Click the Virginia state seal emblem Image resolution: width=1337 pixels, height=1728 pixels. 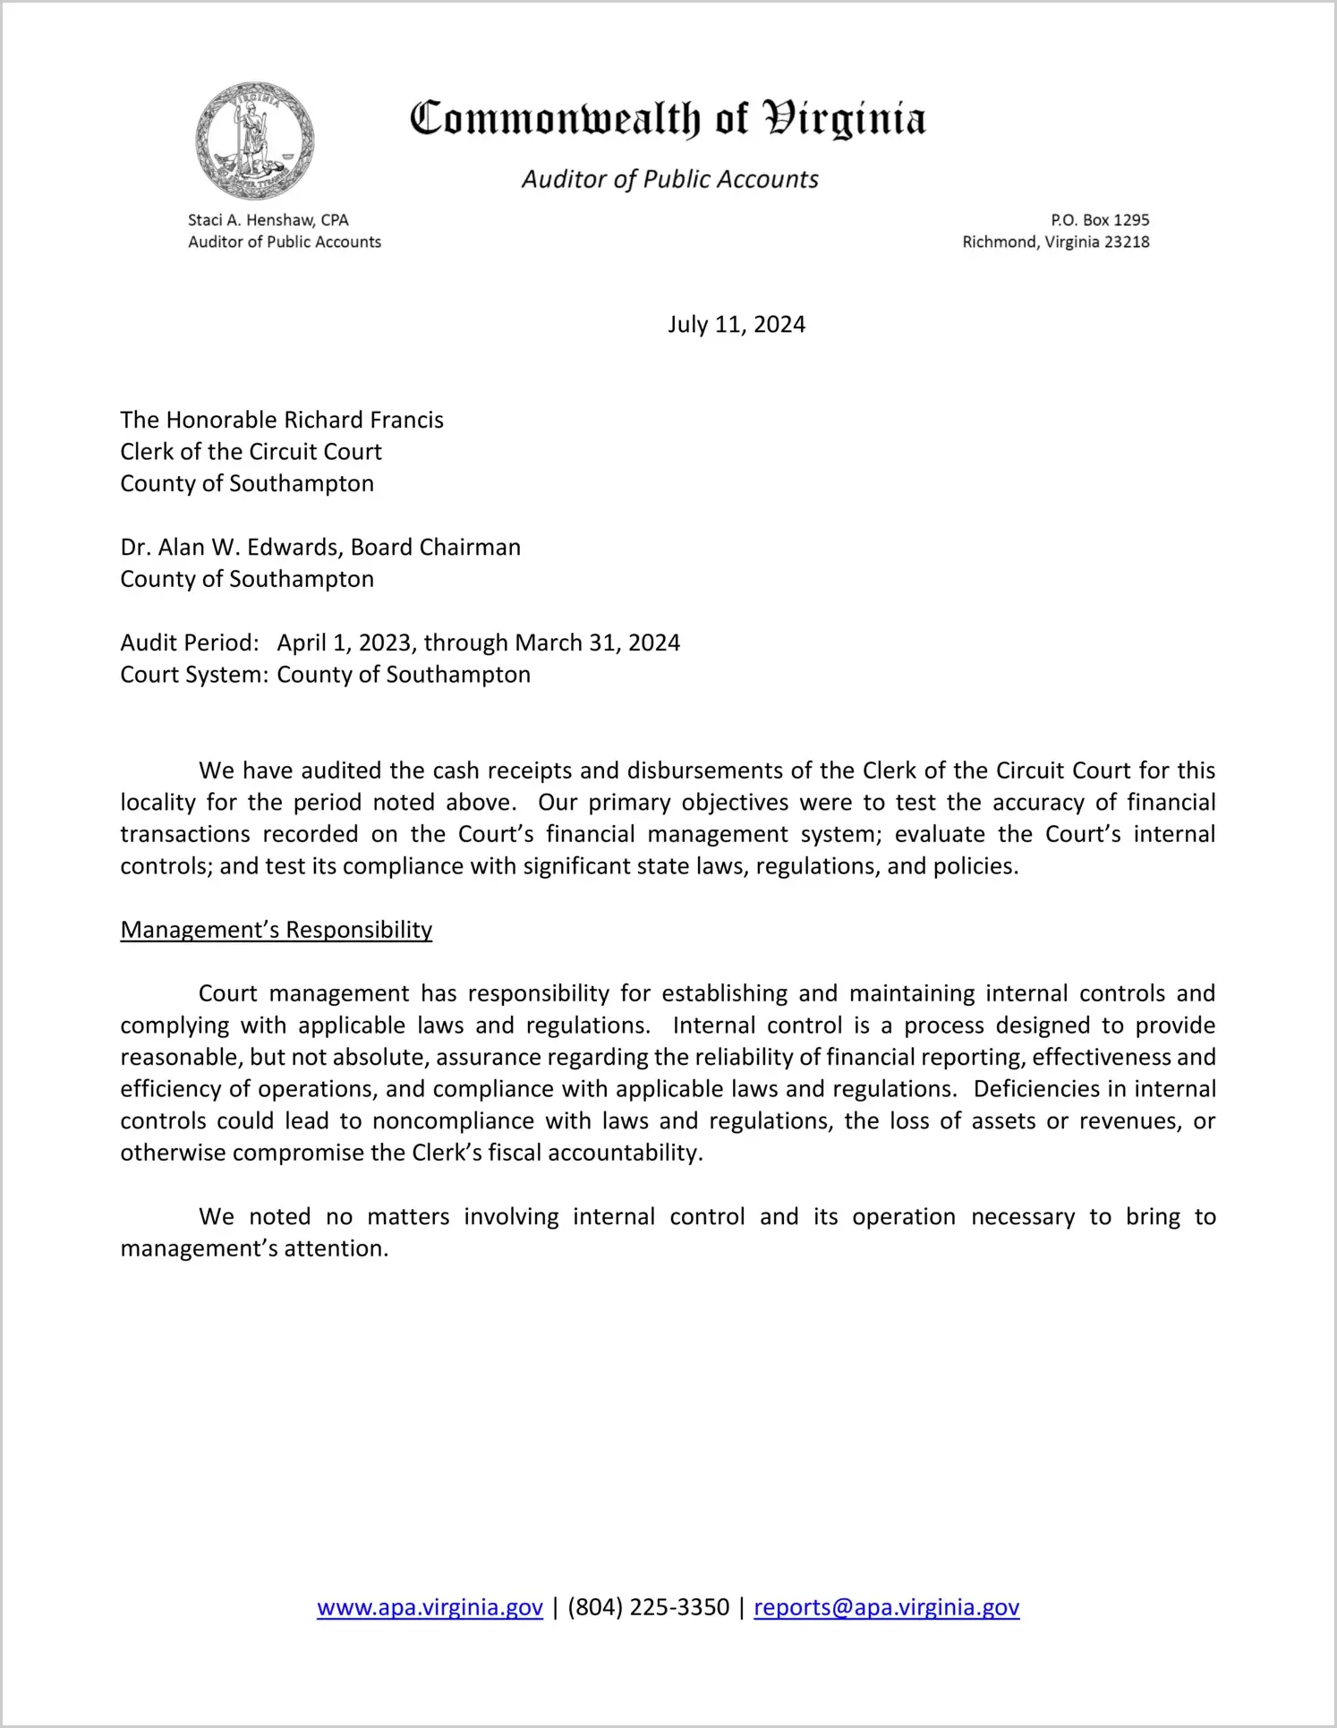tap(255, 141)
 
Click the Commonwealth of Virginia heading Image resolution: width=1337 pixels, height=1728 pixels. tap(668, 119)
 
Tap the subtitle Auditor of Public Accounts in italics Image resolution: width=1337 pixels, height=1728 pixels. tap(669, 180)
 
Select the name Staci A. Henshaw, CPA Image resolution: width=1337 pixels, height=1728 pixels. tap(268, 220)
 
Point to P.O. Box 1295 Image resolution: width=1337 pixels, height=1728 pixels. tap(1100, 220)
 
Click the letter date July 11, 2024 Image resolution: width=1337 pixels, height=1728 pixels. tap(736, 324)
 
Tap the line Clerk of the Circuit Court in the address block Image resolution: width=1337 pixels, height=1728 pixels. tap(251, 452)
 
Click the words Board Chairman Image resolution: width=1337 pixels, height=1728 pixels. tap(436, 548)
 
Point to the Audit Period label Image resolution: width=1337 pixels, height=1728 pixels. tap(189, 643)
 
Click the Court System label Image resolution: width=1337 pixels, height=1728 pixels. tap(193, 675)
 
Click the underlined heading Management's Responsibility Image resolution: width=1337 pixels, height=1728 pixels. tap(276, 931)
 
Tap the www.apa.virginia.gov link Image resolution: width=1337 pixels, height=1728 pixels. tap(430, 1608)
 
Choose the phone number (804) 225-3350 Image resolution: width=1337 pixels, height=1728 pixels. tap(648, 1608)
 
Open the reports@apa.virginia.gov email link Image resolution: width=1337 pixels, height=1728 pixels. tap(886, 1608)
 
